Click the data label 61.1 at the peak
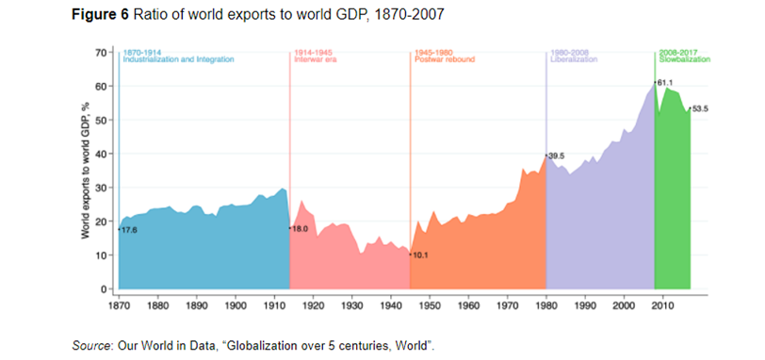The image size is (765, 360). point(665,83)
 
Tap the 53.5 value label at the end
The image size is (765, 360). point(699,109)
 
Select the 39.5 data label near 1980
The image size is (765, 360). point(558,156)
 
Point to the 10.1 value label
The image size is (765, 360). point(421,254)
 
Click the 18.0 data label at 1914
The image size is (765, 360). point(301,228)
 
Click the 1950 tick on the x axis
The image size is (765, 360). point(430,305)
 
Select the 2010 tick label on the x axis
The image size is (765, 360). point(662,305)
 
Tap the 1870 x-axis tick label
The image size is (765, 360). point(119,305)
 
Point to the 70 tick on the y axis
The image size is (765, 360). point(104,52)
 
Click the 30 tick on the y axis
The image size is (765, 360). point(104,188)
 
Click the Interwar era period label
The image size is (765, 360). point(316,59)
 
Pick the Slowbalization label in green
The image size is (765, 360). point(685,59)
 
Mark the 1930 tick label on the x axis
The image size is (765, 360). point(351,305)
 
